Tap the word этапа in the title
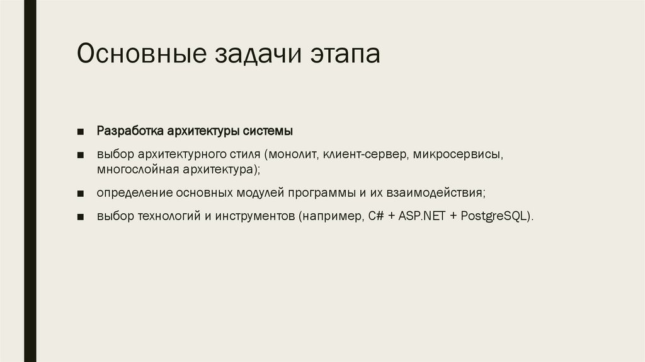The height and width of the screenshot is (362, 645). pos(344,54)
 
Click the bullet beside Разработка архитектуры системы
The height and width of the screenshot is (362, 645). pos(81,132)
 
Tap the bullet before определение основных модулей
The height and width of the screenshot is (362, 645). pos(81,193)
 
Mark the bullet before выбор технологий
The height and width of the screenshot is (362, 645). pos(81,216)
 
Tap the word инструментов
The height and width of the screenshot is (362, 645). pos(256,216)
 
